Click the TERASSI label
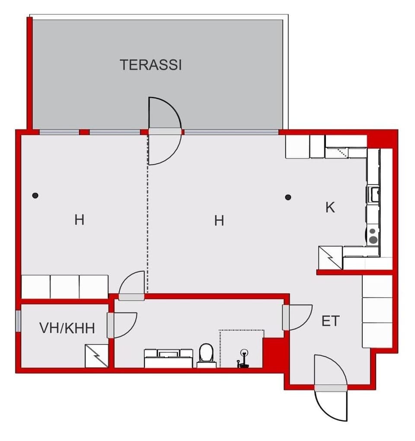(x=150, y=65)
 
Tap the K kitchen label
(x=330, y=208)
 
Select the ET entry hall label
(x=330, y=321)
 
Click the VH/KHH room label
(x=67, y=328)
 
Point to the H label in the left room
(x=79, y=220)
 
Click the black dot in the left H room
(x=35, y=195)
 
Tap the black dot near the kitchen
(x=288, y=197)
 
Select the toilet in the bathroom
(x=206, y=354)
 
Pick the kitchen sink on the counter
(x=373, y=194)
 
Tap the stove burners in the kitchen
(x=373, y=236)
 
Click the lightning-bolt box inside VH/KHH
(x=96, y=356)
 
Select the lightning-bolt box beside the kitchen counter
(x=330, y=258)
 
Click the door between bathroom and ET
(x=297, y=317)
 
